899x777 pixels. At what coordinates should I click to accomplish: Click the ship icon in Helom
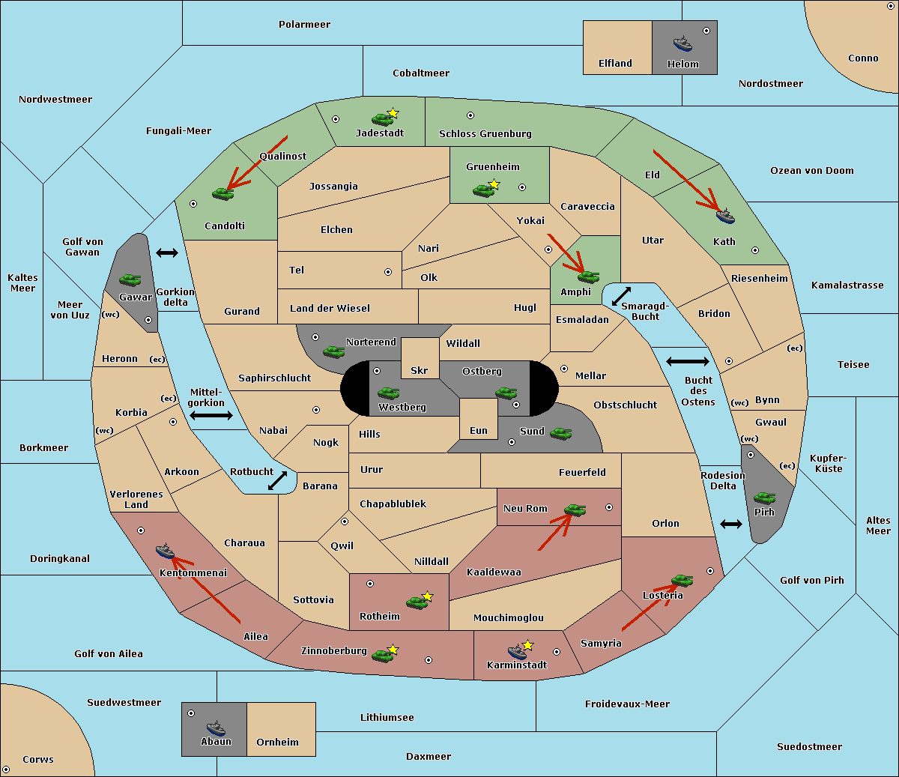682,43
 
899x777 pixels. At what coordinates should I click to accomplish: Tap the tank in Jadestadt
382,118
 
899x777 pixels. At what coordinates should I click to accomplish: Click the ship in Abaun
216,728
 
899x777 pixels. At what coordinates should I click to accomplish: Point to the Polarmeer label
304,25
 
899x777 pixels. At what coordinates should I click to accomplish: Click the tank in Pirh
764,498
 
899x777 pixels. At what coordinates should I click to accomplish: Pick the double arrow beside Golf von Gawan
167,253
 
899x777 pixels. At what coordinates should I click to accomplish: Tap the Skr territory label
419,370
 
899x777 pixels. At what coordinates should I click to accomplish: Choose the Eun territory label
479,430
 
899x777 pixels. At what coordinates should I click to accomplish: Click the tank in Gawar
130,279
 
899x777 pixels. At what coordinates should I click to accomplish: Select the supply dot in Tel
388,272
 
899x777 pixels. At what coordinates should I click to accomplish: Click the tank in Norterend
333,351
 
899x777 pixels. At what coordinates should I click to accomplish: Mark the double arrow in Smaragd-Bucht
621,296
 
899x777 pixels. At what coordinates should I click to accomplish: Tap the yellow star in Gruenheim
494,184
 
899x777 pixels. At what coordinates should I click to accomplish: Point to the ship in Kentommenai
165,551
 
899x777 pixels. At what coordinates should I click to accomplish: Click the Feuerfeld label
582,472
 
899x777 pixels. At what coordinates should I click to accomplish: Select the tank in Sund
560,433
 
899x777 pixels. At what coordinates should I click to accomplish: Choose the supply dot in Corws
6,770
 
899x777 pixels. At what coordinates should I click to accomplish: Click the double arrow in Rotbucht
277,480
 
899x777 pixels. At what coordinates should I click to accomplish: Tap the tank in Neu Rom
575,510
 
